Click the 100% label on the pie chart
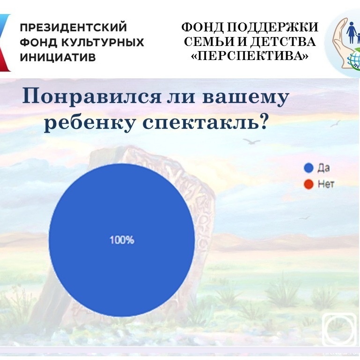click(x=122, y=240)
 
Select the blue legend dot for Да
click(x=309, y=168)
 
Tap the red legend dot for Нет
click(x=309, y=184)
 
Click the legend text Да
click(x=324, y=168)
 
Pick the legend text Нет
click(x=326, y=184)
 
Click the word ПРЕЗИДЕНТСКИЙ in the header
click(x=73, y=27)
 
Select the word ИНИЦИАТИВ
click(x=58, y=57)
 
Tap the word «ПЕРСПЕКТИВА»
click(x=250, y=56)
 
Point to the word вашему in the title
click(x=245, y=97)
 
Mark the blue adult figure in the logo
click(x=351, y=32)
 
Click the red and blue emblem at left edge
click(x=5, y=43)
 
